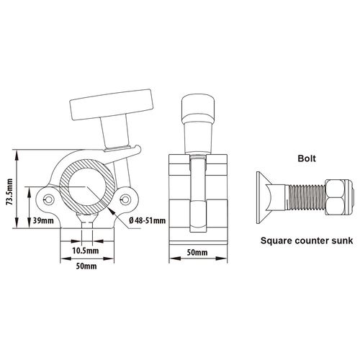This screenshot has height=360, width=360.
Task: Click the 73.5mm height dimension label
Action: (10, 192)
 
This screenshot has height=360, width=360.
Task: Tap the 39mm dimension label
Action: (43, 220)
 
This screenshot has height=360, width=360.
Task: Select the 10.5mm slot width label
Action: (86, 251)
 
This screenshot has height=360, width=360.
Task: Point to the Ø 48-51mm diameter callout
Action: (147, 220)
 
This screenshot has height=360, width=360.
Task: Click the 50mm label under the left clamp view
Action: (86, 266)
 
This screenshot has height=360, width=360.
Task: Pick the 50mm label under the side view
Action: (197, 253)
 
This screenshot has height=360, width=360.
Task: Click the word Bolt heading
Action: (307, 158)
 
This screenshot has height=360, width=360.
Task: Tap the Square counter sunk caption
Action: (307, 240)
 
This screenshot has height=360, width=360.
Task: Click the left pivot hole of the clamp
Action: (49, 199)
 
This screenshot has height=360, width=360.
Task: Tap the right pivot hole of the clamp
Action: (125, 199)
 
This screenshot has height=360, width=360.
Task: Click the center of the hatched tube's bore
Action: (86, 186)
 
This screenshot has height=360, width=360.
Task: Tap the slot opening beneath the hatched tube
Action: (87, 225)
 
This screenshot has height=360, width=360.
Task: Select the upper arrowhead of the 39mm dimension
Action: (30, 192)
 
